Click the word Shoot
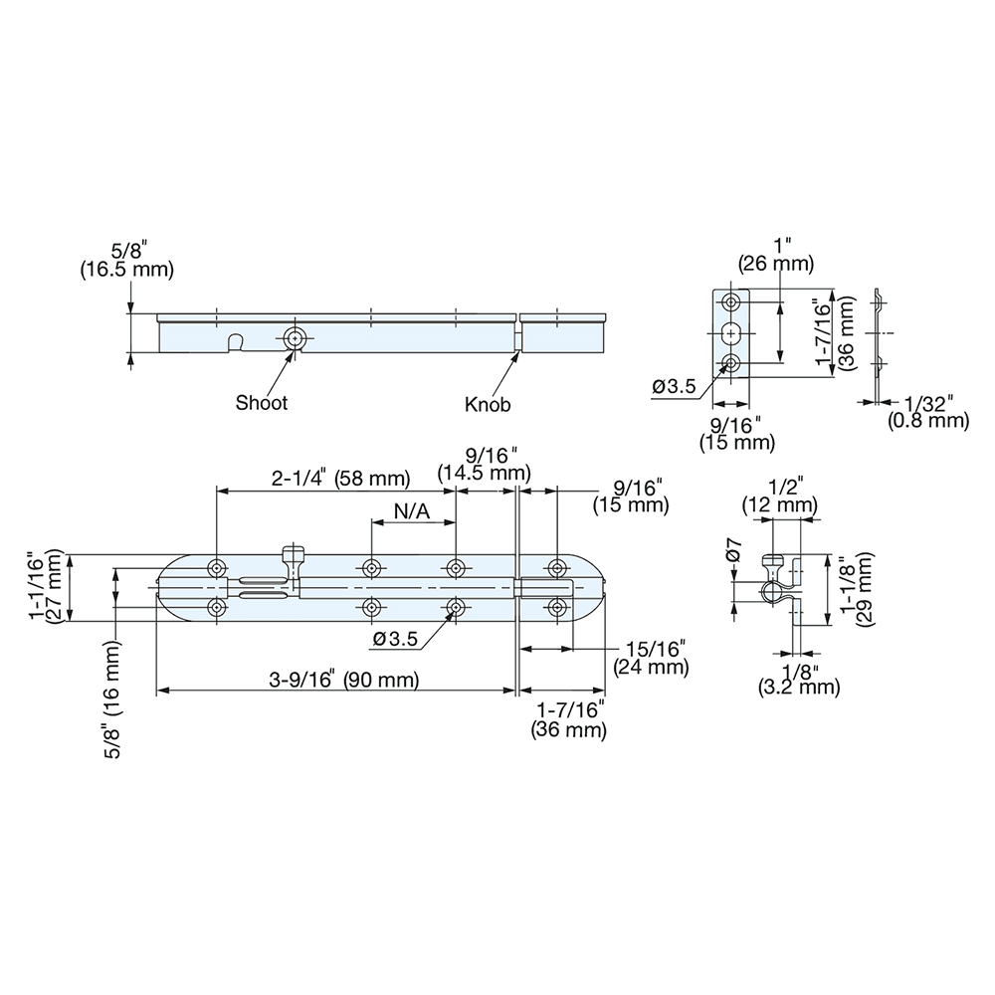(x=262, y=403)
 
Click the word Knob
(x=488, y=405)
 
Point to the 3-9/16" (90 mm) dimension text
(x=343, y=681)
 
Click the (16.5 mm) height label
(x=126, y=269)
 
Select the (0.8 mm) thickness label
(x=928, y=420)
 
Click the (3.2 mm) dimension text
(x=799, y=687)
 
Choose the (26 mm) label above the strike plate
(x=776, y=264)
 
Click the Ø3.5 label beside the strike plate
(x=674, y=388)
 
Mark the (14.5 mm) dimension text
(x=487, y=474)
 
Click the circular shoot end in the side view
(x=294, y=339)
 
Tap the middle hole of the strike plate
(x=732, y=332)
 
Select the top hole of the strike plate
(x=732, y=301)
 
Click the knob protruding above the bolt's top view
(x=293, y=553)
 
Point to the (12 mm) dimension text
(x=779, y=506)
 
